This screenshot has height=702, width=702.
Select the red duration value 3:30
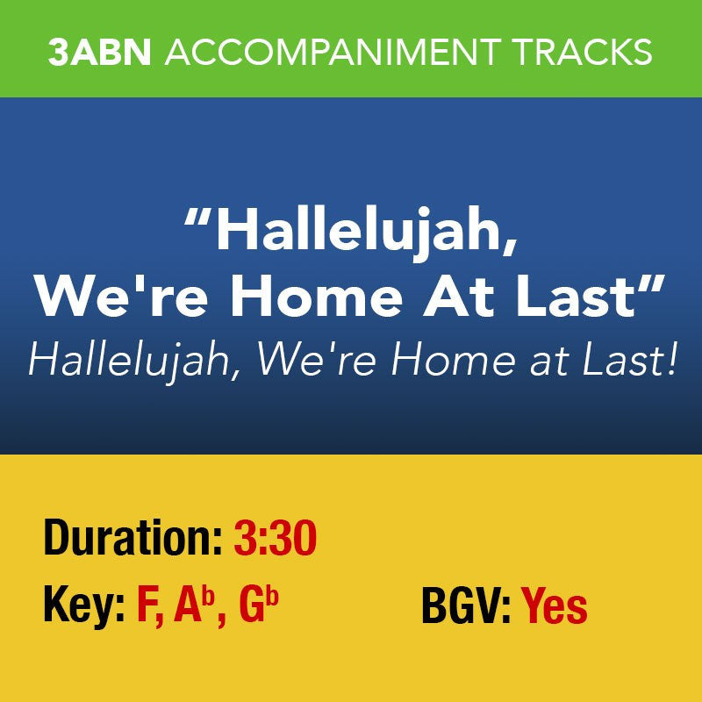coord(275,539)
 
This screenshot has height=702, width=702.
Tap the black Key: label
coord(83,606)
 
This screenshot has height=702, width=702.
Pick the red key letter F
coord(147,606)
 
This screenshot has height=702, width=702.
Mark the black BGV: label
coord(466,606)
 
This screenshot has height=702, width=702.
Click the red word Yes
coord(555,606)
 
